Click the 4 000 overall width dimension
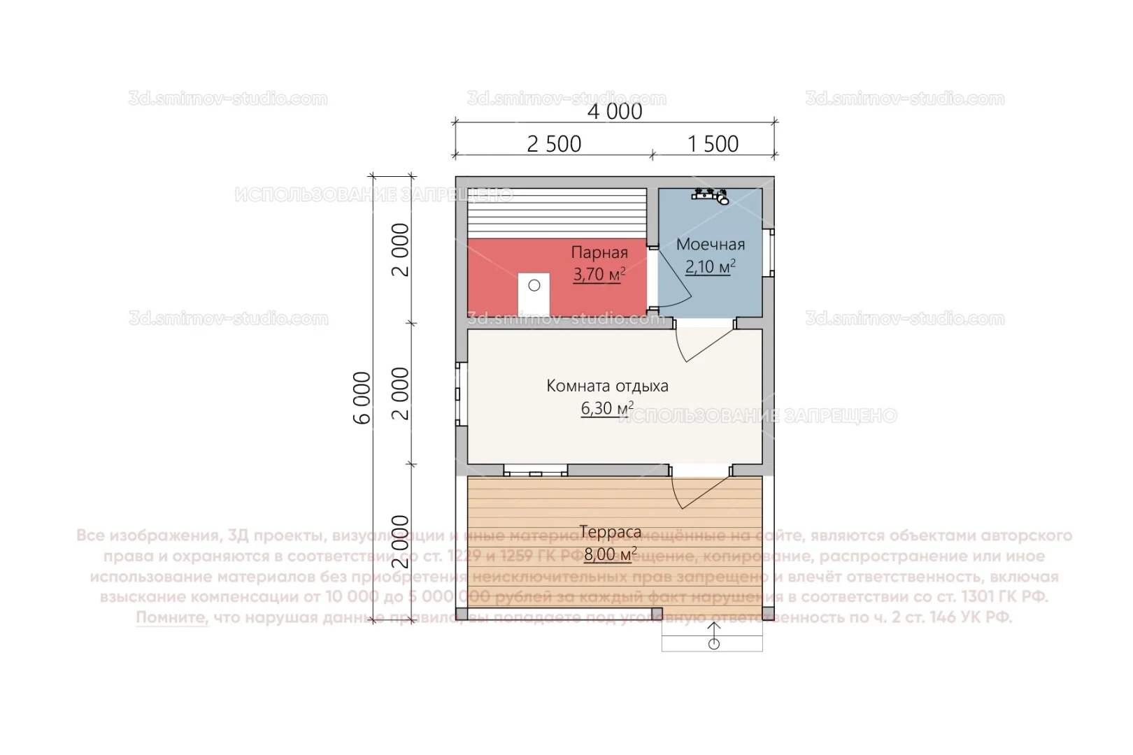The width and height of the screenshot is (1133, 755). click(614, 111)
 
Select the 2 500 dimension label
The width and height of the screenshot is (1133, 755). click(553, 144)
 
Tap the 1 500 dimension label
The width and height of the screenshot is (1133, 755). click(713, 144)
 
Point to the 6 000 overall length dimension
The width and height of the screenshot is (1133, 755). click(362, 398)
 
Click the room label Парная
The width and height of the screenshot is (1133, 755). click(599, 252)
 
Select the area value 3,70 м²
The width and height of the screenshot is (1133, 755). click(599, 274)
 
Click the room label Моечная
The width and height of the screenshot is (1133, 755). click(710, 245)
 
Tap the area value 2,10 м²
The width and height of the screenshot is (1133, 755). click(709, 266)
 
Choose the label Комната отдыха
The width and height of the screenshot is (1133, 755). click(607, 386)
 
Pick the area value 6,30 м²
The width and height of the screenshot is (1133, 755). click(606, 408)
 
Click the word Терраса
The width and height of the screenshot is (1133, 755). click(610, 532)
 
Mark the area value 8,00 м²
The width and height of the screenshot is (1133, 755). click(610, 554)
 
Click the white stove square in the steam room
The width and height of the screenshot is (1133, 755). click(534, 294)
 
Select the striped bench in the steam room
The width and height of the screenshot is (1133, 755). click(557, 213)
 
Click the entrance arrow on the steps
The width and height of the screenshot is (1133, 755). click(713, 636)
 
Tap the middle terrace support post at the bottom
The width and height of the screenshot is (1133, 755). click(657, 614)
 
